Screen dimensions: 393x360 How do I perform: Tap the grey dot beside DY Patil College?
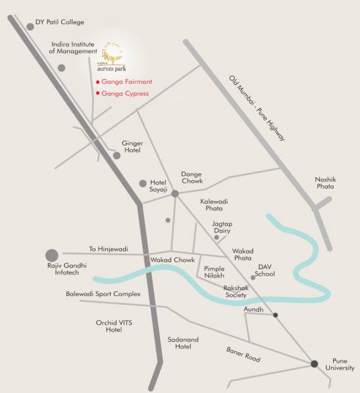(x=30, y=27)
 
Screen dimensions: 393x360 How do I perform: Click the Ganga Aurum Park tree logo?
(x=112, y=51)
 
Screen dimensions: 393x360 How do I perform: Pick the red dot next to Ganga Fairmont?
(x=98, y=82)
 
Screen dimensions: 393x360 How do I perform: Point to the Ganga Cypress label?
(x=125, y=94)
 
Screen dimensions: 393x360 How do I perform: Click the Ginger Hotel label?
(x=132, y=147)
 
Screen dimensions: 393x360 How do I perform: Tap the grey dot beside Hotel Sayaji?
(x=143, y=183)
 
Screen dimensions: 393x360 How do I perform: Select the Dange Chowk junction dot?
(x=175, y=193)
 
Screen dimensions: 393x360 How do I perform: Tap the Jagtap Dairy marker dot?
(x=216, y=237)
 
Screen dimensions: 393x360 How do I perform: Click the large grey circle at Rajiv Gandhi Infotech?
(x=52, y=255)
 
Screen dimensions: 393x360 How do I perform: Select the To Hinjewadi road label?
(x=108, y=249)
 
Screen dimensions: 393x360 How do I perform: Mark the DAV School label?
(x=265, y=270)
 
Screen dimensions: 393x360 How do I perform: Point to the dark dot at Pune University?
(x=314, y=364)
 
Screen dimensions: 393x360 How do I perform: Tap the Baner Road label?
(x=244, y=354)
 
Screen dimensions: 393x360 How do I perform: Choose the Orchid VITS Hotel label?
(x=105, y=326)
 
